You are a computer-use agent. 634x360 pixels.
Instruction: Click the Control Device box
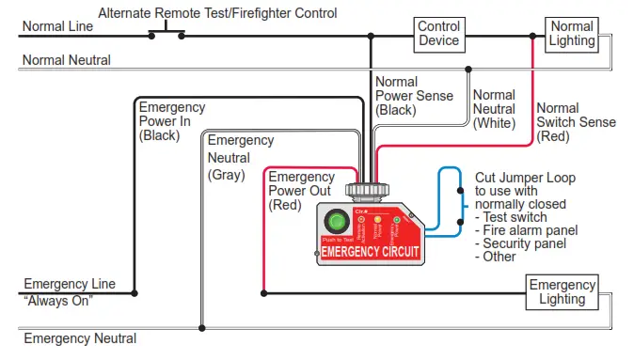(438, 34)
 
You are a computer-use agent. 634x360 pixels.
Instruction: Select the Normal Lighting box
(572, 34)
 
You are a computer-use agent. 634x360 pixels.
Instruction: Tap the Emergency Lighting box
(562, 291)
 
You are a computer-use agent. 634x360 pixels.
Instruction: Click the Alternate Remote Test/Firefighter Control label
(217, 13)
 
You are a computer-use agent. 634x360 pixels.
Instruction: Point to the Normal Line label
(57, 26)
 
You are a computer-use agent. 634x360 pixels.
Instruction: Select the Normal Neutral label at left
(67, 60)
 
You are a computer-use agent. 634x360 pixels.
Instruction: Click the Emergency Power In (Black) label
(173, 120)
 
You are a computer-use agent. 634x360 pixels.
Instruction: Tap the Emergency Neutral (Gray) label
(240, 157)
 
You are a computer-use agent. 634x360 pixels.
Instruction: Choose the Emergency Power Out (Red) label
(301, 191)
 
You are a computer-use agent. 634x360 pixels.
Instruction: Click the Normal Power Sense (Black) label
(413, 96)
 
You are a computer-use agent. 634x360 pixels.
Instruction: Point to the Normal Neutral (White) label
(494, 109)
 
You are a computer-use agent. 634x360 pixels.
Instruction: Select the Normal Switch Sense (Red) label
(576, 122)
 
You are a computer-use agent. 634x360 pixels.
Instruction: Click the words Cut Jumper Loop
(525, 177)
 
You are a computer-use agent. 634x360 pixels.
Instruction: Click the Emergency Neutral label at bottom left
(80, 338)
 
